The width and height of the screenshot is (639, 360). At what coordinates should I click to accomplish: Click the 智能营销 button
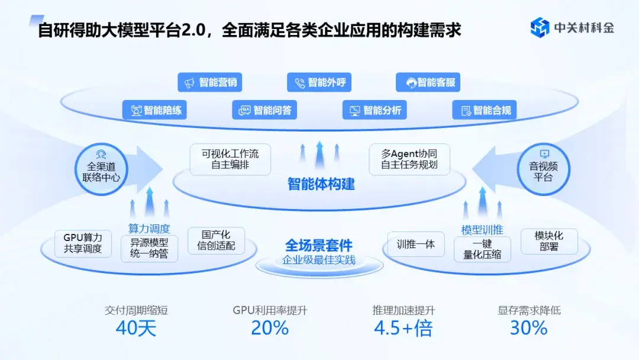pyautogui.click(x=210, y=82)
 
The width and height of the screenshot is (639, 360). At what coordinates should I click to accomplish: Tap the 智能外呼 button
pyautogui.click(x=319, y=82)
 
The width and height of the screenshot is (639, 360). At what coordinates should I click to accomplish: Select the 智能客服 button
pyautogui.click(x=428, y=82)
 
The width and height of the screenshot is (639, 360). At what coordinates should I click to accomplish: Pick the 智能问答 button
pyautogui.click(x=264, y=110)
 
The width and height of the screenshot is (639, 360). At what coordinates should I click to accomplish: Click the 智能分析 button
pyautogui.click(x=375, y=110)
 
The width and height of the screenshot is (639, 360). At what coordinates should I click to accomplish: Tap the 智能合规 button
pyautogui.click(x=485, y=110)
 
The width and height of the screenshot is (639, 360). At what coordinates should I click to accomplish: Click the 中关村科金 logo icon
pyautogui.click(x=540, y=27)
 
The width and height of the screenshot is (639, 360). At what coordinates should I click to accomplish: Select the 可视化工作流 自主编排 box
pyautogui.click(x=230, y=159)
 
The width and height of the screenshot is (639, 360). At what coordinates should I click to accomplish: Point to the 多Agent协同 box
pyautogui.click(x=409, y=159)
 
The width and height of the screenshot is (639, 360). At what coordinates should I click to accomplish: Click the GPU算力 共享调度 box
pyautogui.click(x=83, y=243)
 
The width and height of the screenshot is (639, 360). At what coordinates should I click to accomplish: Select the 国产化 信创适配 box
pyautogui.click(x=216, y=240)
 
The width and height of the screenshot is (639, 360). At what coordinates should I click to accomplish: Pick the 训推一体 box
pyautogui.click(x=416, y=243)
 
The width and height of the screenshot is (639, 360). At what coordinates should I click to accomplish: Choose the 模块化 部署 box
pyautogui.click(x=549, y=241)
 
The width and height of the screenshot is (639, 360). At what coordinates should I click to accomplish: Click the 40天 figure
pyautogui.click(x=136, y=328)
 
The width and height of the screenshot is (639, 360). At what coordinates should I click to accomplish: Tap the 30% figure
pyautogui.click(x=528, y=328)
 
